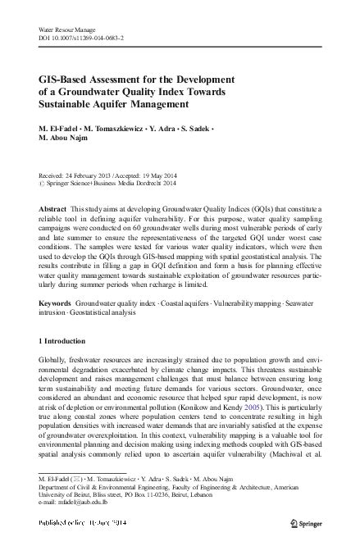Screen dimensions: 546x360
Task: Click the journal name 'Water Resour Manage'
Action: (x=67, y=30)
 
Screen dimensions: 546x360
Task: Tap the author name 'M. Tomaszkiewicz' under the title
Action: (x=111, y=129)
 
